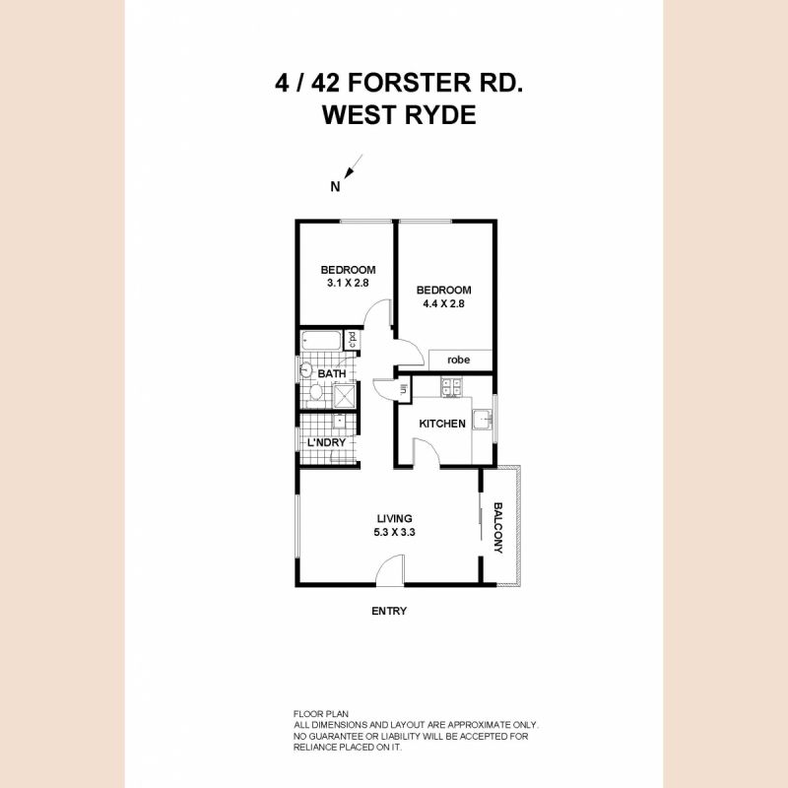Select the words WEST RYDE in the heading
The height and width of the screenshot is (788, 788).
399,115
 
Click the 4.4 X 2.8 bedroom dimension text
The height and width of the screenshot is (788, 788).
443,303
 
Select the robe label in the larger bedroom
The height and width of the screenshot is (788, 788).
458,361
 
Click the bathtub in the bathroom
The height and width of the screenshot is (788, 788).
321,341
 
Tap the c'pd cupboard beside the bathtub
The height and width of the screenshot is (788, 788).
352,341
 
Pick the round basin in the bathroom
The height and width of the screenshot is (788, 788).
306,372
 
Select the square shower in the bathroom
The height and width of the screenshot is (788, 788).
344,395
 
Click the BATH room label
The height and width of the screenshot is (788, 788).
331,374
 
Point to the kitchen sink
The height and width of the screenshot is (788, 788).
482,422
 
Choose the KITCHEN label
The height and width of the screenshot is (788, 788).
441,424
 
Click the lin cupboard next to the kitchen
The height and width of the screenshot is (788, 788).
404,389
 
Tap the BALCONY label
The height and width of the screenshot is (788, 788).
498,529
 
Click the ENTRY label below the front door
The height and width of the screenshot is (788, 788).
389,611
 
